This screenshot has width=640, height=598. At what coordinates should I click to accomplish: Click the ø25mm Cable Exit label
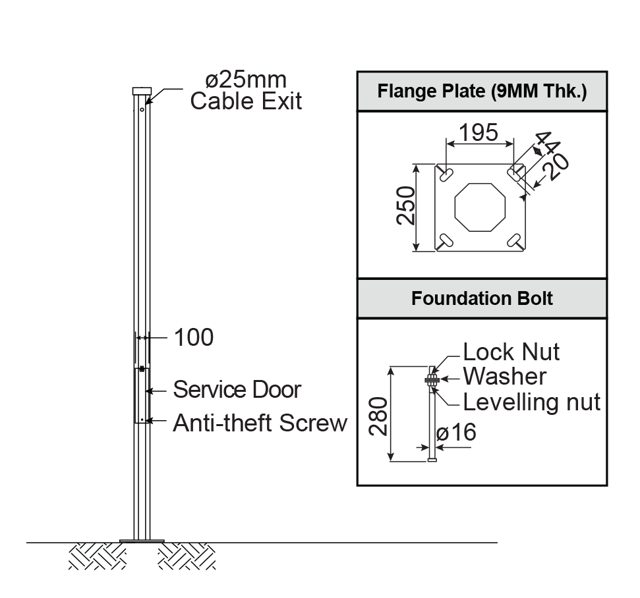tap(245, 91)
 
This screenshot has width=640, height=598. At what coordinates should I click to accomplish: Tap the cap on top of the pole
tap(142, 91)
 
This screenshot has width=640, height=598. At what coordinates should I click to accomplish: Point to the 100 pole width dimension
tap(193, 338)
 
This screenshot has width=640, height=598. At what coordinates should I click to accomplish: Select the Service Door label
tap(237, 390)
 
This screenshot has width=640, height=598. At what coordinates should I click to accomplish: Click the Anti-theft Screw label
tap(260, 423)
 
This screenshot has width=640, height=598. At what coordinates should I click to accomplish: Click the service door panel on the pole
tap(142, 395)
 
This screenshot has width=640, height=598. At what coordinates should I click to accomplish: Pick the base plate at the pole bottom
tap(142, 541)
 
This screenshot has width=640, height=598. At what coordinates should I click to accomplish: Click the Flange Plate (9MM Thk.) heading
tap(482, 91)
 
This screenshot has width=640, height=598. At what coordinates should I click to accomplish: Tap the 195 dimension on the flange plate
tap(479, 132)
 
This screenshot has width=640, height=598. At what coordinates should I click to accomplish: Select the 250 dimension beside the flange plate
tap(406, 206)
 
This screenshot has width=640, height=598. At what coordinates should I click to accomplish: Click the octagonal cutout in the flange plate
tap(480, 207)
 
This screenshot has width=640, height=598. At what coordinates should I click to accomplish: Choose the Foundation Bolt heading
tap(482, 298)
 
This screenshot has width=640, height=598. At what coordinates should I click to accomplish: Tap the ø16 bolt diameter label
tap(456, 433)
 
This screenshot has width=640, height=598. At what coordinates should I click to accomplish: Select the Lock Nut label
tap(511, 352)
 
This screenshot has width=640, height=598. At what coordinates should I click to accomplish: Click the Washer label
tap(504, 377)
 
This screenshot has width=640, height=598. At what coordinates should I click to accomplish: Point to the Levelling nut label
tap(531, 402)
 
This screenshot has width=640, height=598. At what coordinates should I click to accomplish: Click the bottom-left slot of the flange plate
tap(446, 240)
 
